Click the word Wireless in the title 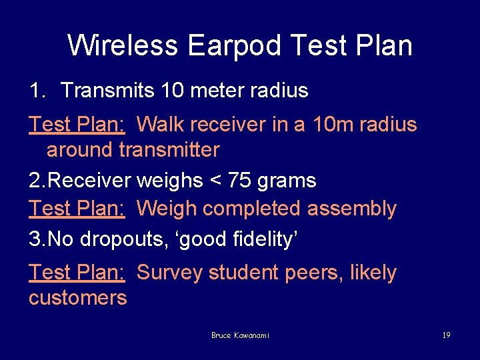click(x=123, y=46)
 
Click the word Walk click(x=160, y=125)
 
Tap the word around click(x=80, y=150)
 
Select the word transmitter click(x=169, y=150)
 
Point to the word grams click(x=287, y=181)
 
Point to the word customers click(x=77, y=297)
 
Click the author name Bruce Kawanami click(x=240, y=335)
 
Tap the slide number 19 click(x=446, y=335)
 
